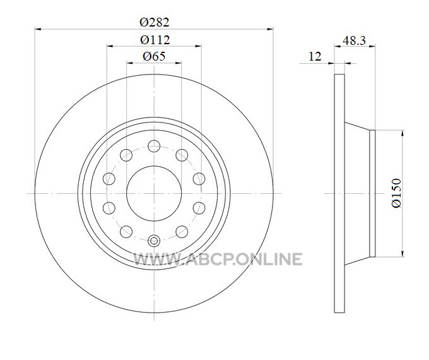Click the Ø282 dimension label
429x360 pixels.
pyautogui.click(x=155, y=22)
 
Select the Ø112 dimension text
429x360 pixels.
pyautogui.click(x=155, y=40)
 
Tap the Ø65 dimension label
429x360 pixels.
pyautogui.click(x=154, y=56)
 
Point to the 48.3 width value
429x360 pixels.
pyautogui.click(x=354, y=41)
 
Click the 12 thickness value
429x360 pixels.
pyautogui.click(x=315, y=57)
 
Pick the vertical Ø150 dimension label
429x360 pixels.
pyautogui.click(x=396, y=193)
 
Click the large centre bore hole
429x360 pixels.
pyautogui.click(x=154, y=193)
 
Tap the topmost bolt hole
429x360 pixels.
pyautogui.click(x=154, y=146)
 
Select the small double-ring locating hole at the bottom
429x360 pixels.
pyautogui.click(x=154, y=241)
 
